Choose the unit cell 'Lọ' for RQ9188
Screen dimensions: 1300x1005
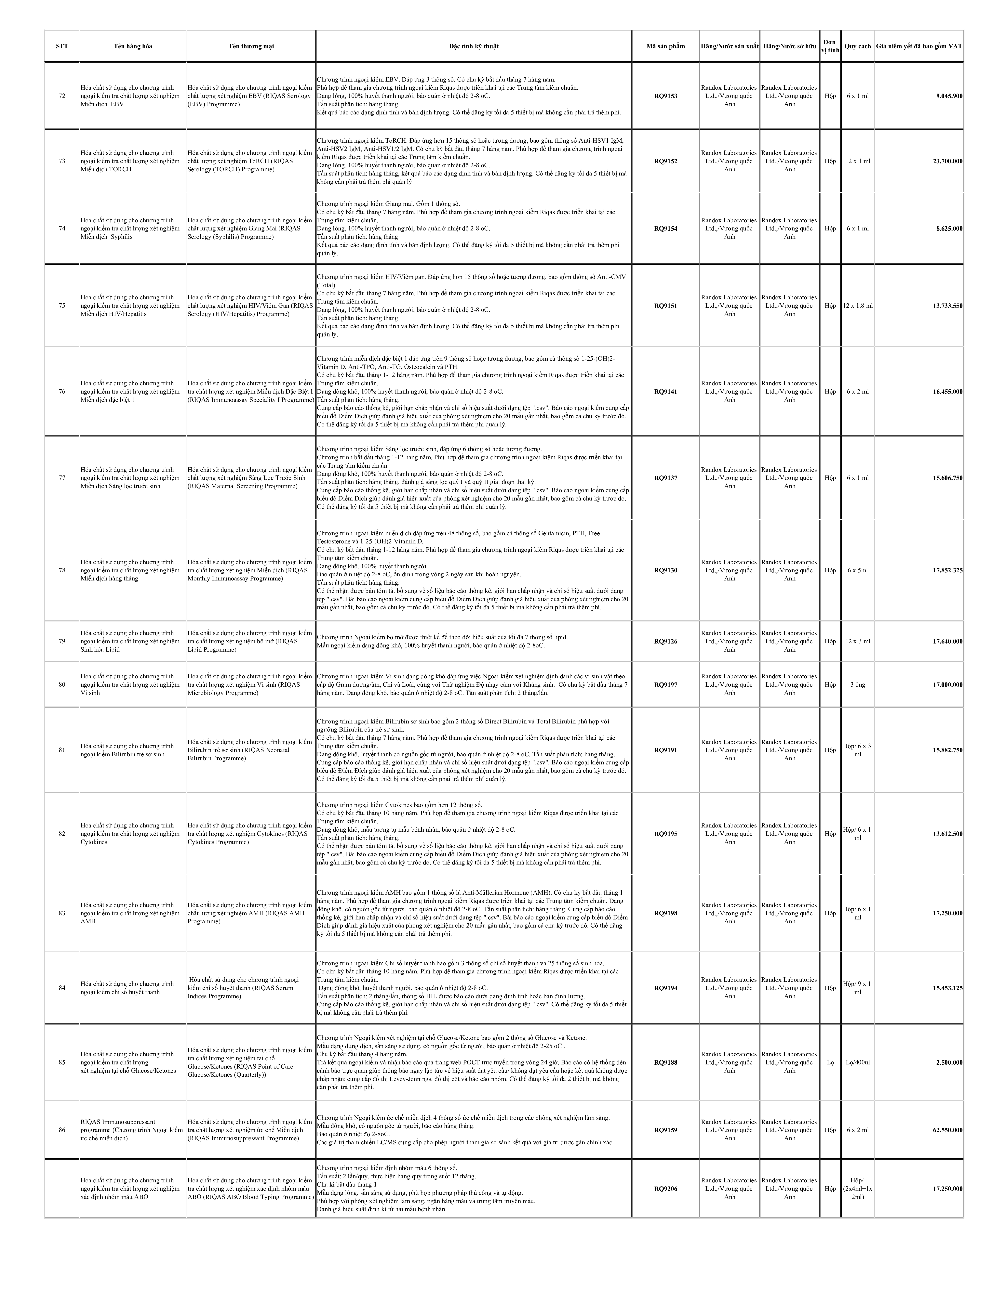click(x=830, y=1062)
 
